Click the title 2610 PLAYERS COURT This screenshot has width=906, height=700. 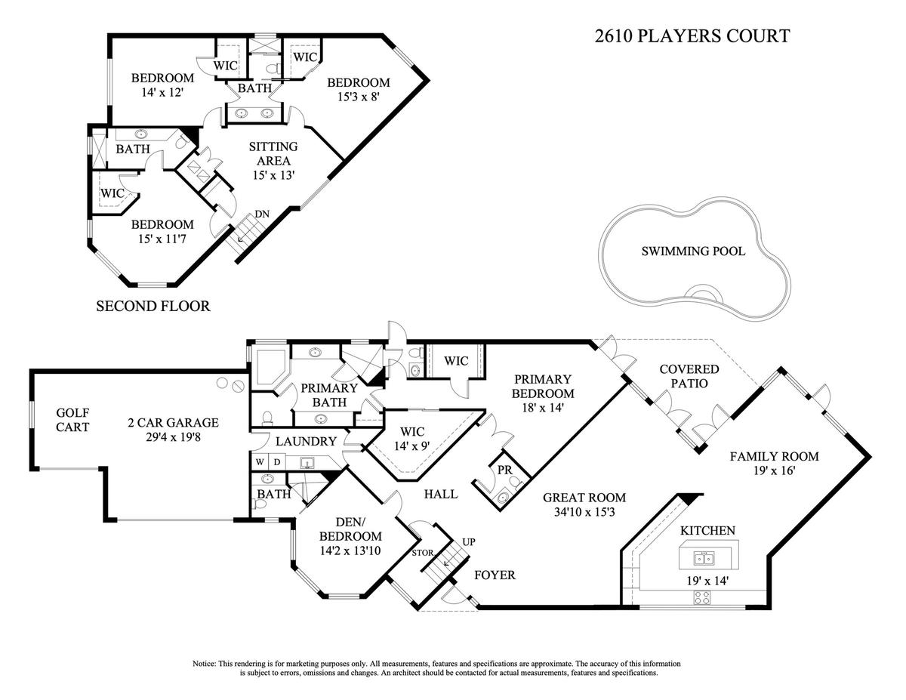[692, 36]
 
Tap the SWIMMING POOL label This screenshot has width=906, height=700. [693, 251]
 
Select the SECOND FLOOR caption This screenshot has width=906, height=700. [153, 306]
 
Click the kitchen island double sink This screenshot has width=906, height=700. [704, 558]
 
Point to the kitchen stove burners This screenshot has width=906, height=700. [703, 598]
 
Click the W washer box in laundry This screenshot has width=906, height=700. [260, 462]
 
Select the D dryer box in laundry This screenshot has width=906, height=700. [277, 462]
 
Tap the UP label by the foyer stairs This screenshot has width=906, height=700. [469, 542]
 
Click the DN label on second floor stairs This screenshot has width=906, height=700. [262, 214]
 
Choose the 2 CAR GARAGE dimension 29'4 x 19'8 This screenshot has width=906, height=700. [173, 437]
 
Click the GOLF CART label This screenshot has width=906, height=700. [72, 420]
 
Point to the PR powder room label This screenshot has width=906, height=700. [505, 470]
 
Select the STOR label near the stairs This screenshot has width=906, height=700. [423, 554]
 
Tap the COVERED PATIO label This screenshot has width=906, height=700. [689, 376]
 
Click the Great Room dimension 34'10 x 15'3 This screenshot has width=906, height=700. [584, 512]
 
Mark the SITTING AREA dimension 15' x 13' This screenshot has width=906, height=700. [273, 175]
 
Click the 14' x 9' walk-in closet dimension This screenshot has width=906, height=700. [412, 446]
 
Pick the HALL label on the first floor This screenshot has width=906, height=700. [441, 494]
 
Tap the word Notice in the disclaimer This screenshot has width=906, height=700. [204, 663]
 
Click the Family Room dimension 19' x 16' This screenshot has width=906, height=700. [774, 470]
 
